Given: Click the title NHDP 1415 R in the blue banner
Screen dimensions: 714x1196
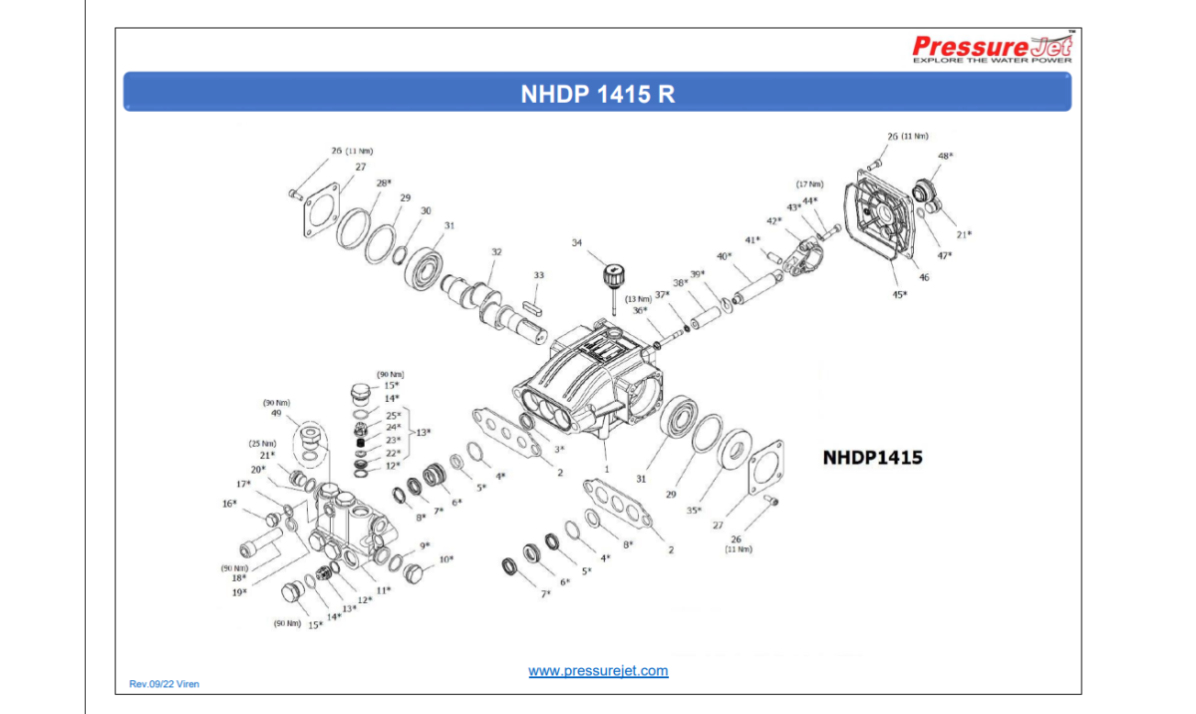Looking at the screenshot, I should [x=597, y=94].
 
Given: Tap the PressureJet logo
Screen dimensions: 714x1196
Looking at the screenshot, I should [x=993, y=48].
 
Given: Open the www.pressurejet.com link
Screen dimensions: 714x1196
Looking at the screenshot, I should [x=598, y=671].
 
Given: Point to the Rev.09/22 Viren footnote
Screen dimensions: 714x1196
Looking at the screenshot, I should [x=164, y=684].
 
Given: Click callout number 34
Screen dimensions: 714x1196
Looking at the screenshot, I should [x=576, y=242].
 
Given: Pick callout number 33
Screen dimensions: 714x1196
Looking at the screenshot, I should [x=538, y=275].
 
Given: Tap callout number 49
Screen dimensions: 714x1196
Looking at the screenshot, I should [x=276, y=415].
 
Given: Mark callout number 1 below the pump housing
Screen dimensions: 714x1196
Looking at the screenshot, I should [x=606, y=467].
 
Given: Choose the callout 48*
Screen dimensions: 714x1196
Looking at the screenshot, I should [x=945, y=157].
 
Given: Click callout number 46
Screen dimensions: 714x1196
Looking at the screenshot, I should [x=924, y=277].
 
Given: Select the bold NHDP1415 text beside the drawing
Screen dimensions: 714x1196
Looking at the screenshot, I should [x=872, y=458].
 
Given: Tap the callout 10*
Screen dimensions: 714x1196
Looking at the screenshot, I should [x=446, y=559].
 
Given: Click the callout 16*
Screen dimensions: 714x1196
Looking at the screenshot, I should [x=229, y=504].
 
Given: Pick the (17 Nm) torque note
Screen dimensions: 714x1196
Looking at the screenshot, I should [x=809, y=184].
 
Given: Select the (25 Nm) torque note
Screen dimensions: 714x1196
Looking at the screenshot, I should [x=263, y=444].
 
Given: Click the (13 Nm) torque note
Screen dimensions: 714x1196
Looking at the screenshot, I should [x=639, y=299].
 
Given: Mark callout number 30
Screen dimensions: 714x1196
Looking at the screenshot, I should [x=426, y=210].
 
